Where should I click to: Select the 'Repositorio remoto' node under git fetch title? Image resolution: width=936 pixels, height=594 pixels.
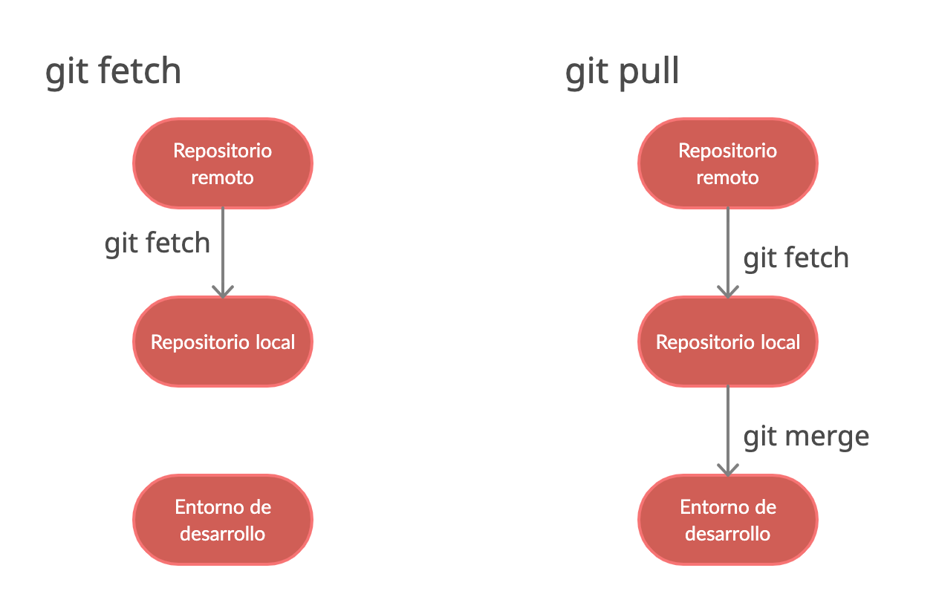pos(223,163)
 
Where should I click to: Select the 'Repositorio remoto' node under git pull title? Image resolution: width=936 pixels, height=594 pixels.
pos(728,163)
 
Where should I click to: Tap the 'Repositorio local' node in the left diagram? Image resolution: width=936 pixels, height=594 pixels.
pos(223,342)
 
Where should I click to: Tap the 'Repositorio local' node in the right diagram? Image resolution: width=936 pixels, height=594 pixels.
pos(728,342)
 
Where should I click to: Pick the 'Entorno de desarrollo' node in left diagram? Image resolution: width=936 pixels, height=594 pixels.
pos(223,520)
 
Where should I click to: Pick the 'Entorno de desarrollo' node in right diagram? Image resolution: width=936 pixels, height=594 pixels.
pos(728,520)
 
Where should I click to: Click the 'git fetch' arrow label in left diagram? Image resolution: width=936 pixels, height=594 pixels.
pos(157,244)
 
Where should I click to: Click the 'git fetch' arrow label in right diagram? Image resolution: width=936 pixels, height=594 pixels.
pos(796,258)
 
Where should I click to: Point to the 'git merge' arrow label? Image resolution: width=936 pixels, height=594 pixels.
pos(806,437)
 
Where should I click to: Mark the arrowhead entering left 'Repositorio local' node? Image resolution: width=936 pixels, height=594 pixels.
pos(223,292)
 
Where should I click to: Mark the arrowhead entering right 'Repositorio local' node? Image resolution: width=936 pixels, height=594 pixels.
pos(728,292)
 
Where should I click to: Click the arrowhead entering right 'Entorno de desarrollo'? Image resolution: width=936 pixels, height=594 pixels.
pos(728,470)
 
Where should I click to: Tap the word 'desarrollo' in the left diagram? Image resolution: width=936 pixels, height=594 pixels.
pos(223,534)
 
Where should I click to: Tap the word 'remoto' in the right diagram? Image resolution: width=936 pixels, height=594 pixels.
pos(728,178)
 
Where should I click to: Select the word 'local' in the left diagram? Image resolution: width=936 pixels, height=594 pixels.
pos(275,342)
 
